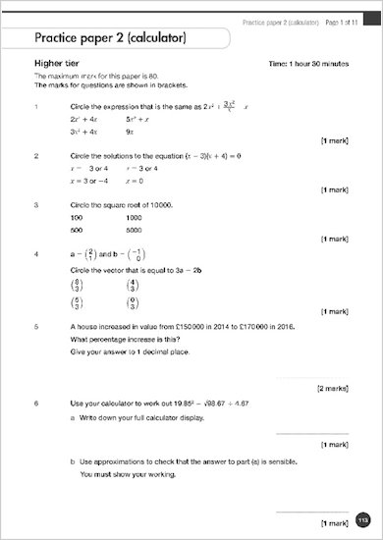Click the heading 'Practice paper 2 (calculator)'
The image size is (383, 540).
[111, 40]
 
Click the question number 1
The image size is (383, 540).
[35, 105]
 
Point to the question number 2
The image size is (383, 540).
[35, 155]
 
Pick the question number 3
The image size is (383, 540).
[35, 204]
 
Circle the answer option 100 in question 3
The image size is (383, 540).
[78, 216]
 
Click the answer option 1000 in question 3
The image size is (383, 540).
[135, 216]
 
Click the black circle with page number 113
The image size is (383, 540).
[362, 519]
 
